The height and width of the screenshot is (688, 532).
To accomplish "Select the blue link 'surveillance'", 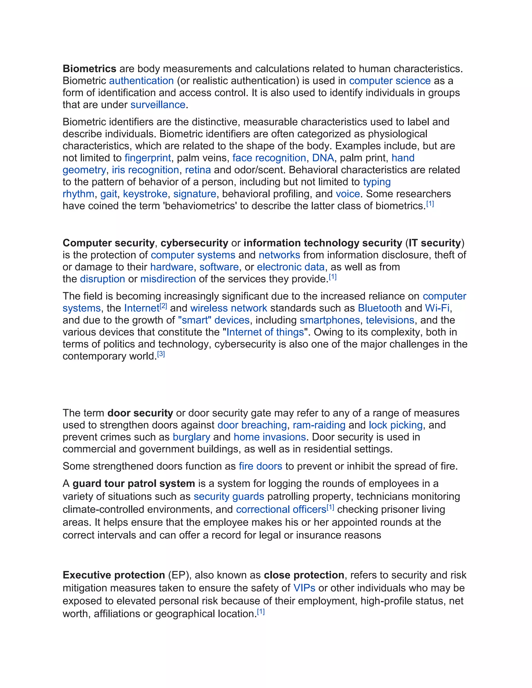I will point(158,105).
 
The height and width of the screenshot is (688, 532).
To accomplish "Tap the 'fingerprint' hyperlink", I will point(148,158).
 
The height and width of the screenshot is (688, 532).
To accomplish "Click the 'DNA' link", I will point(323,158).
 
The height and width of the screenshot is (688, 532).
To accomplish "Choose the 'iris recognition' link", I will point(145,170).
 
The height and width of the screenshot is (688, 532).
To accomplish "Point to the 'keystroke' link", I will point(145,194).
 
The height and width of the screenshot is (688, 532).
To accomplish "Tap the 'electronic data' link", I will point(291,267).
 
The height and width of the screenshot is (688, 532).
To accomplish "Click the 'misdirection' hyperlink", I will point(168,279).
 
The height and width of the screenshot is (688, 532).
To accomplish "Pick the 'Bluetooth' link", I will point(380,308).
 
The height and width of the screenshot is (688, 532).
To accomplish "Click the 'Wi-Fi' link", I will point(437,308).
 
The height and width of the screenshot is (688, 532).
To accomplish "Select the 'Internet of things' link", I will point(265,332).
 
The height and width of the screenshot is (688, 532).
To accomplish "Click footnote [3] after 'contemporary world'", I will point(161,354).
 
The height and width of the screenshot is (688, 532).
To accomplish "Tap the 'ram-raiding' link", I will point(319,425).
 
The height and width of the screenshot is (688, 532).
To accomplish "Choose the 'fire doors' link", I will point(260,466).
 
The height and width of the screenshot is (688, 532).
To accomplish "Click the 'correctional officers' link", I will point(281,509).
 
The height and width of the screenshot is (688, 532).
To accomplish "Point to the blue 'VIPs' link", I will point(304,588).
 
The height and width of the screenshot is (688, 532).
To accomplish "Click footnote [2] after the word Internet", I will point(163,306).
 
